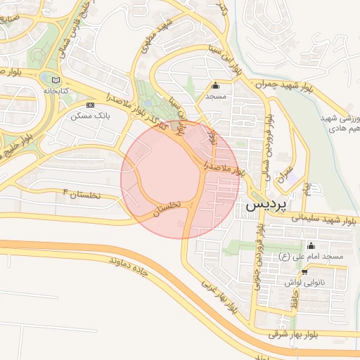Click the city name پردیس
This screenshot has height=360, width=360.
click(266, 205)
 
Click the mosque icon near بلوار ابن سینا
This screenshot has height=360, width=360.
click(214, 86)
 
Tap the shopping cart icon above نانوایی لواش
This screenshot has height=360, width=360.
click(304, 272)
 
